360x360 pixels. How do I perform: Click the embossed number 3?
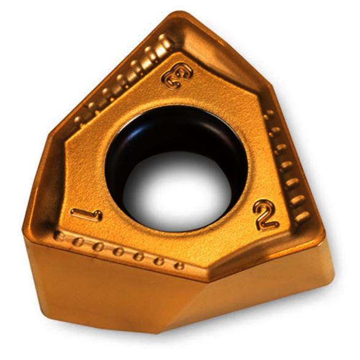coord(178,76)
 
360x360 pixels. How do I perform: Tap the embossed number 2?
coord(265,214)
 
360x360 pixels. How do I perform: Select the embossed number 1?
coord(87,215)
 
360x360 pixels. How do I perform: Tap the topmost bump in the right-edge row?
coord(269,114)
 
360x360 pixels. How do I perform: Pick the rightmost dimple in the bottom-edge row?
coord(179,266)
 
